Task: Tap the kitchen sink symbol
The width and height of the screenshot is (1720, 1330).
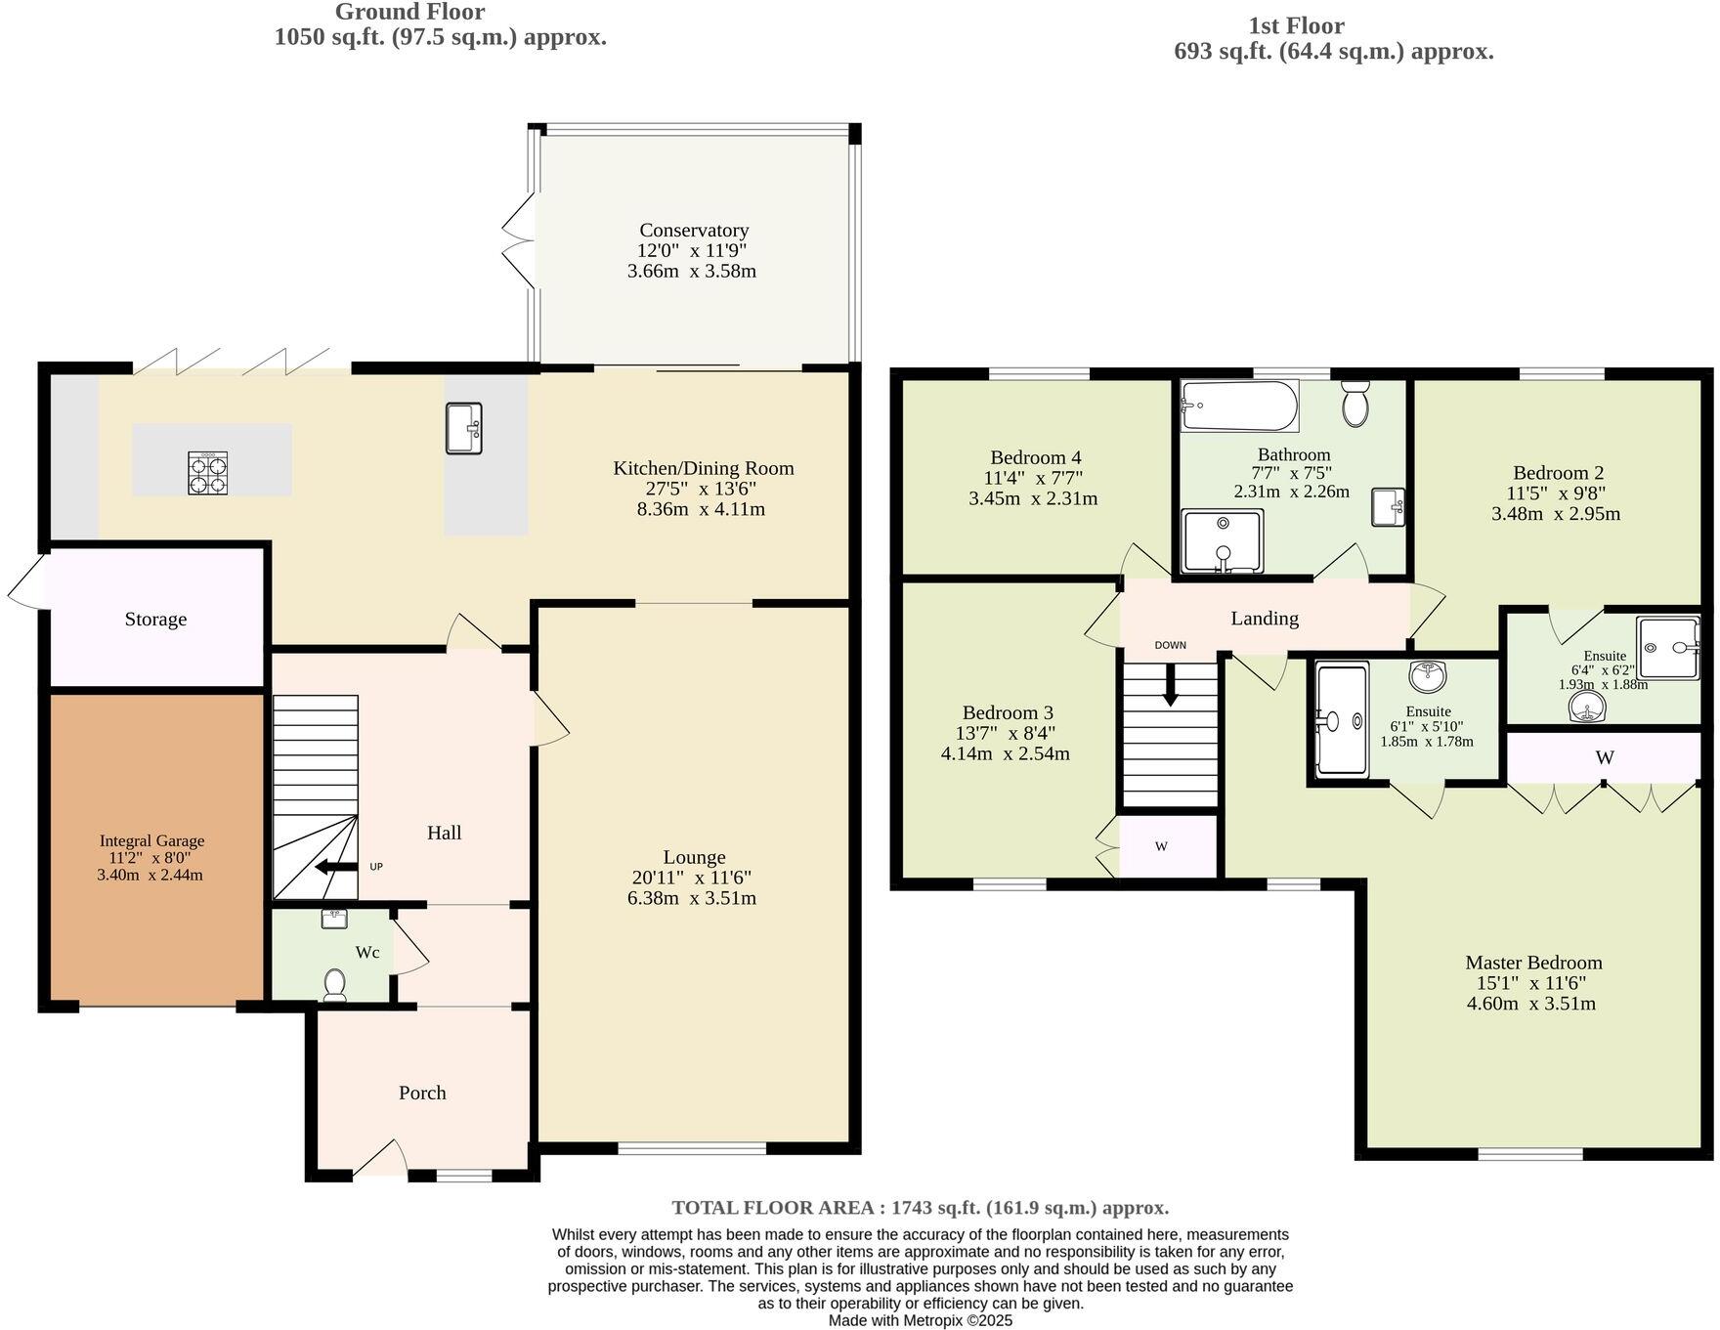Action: pos(463,428)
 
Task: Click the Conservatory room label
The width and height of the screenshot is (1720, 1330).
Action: pos(693,230)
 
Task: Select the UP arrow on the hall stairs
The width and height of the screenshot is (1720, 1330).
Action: pos(335,867)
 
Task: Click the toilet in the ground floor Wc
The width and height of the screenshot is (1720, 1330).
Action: pos(334,984)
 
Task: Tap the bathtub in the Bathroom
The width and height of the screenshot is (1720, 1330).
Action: pos(1239,406)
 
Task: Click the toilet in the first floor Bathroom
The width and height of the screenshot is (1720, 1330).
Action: pos(1354,404)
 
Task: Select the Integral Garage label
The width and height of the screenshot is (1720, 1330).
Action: pos(151,840)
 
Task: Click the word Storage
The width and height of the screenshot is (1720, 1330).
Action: pos(155,619)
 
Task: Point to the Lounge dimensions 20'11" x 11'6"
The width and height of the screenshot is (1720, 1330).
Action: pos(692,878)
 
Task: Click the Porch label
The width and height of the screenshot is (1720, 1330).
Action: pos(422,1093)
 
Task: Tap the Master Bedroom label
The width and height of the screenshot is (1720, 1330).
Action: pos(1532,962)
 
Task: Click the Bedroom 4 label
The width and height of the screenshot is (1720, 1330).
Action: pos(1035,457)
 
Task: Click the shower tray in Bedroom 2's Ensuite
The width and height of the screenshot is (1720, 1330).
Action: pos(1667,647)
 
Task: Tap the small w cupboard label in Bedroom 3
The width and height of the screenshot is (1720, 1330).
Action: pos(1161,846)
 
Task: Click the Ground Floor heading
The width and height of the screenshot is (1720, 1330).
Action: pos(409,12)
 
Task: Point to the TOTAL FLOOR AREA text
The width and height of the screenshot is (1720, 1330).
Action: pos(920,1207)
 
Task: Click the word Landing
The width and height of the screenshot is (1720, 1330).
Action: pos(1264,618)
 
